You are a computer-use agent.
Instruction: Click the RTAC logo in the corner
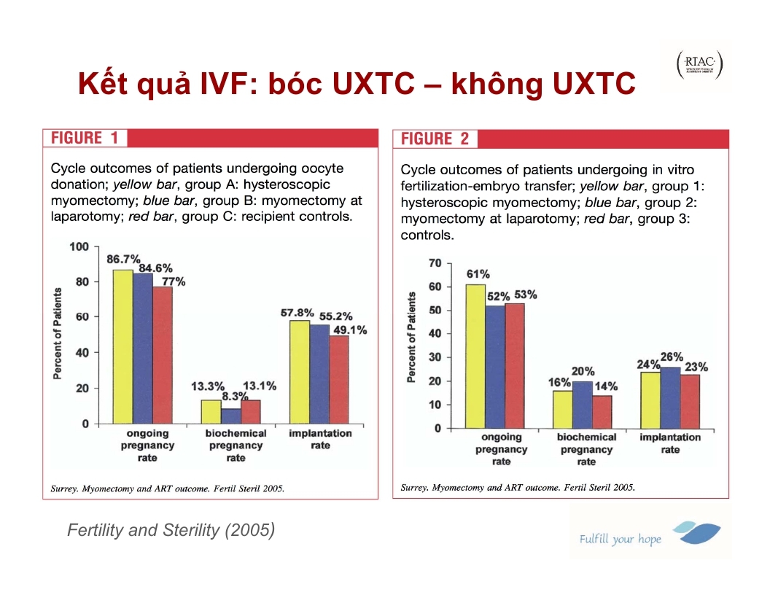point(699,65)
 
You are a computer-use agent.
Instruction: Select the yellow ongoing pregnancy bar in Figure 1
point(122,346)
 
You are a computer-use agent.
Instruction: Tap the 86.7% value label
point(123,260)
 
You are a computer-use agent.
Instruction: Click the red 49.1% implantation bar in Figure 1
point(339,379)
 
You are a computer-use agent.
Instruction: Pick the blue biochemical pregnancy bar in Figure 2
point(582,405)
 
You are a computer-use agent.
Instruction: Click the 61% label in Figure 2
point(478,274)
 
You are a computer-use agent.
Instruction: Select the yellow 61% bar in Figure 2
point(475,357)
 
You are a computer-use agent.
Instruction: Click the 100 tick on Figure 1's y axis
point(79,246)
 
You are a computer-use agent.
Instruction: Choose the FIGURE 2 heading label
point(435,139)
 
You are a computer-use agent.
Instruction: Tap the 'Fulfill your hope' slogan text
point(620,540)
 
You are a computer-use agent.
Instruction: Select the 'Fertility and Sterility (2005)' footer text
point(171,530)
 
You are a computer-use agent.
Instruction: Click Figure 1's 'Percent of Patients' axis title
point(57,332)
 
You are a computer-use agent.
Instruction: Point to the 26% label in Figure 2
point(671,357)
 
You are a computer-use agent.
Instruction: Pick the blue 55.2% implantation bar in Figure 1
point(319,374)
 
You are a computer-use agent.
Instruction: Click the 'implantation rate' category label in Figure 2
point(670,443)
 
